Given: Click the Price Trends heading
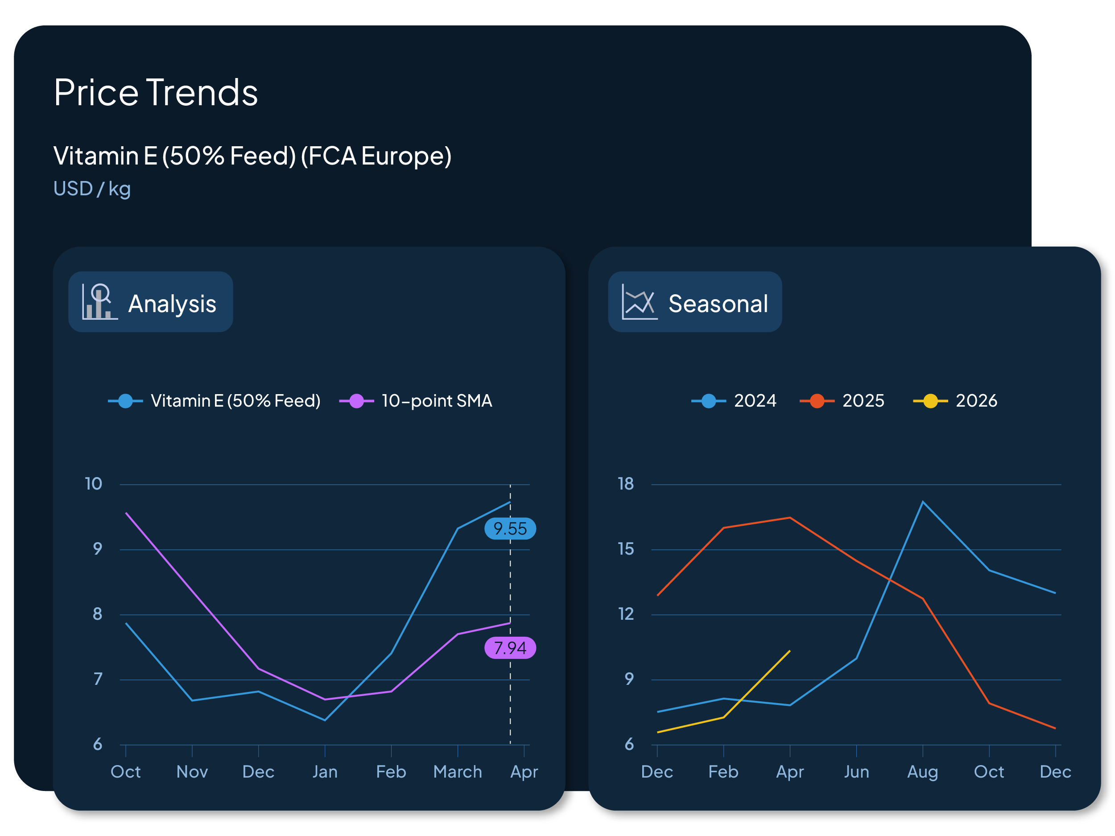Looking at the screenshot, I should [156, 93].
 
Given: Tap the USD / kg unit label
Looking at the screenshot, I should [92, 189].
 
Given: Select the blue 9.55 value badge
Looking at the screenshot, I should [510, 529].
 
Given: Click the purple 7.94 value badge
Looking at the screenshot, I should [510, 648].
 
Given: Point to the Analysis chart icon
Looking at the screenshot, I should [100, 302].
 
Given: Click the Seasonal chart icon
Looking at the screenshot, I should [639, 302].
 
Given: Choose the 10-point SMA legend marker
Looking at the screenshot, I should [356, 401].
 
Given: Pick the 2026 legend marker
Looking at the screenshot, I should [930, 401].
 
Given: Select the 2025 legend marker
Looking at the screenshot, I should [817, 401].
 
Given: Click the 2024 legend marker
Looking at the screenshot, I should [708, 401].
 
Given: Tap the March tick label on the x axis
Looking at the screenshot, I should [457, 771].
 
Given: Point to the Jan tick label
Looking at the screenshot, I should [325, 771].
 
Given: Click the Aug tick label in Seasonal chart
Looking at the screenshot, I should [922, 771].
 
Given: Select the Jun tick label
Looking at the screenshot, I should [856, 771].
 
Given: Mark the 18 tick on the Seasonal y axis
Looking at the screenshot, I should [626, 484].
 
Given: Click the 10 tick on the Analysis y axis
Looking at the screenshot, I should [93, 484].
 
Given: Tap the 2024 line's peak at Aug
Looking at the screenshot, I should [922, 502].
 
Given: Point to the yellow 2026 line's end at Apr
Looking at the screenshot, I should [789, 651].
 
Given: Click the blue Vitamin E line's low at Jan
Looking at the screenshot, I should [325, 720].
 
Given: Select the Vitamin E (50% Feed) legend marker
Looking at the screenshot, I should [125, 401].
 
